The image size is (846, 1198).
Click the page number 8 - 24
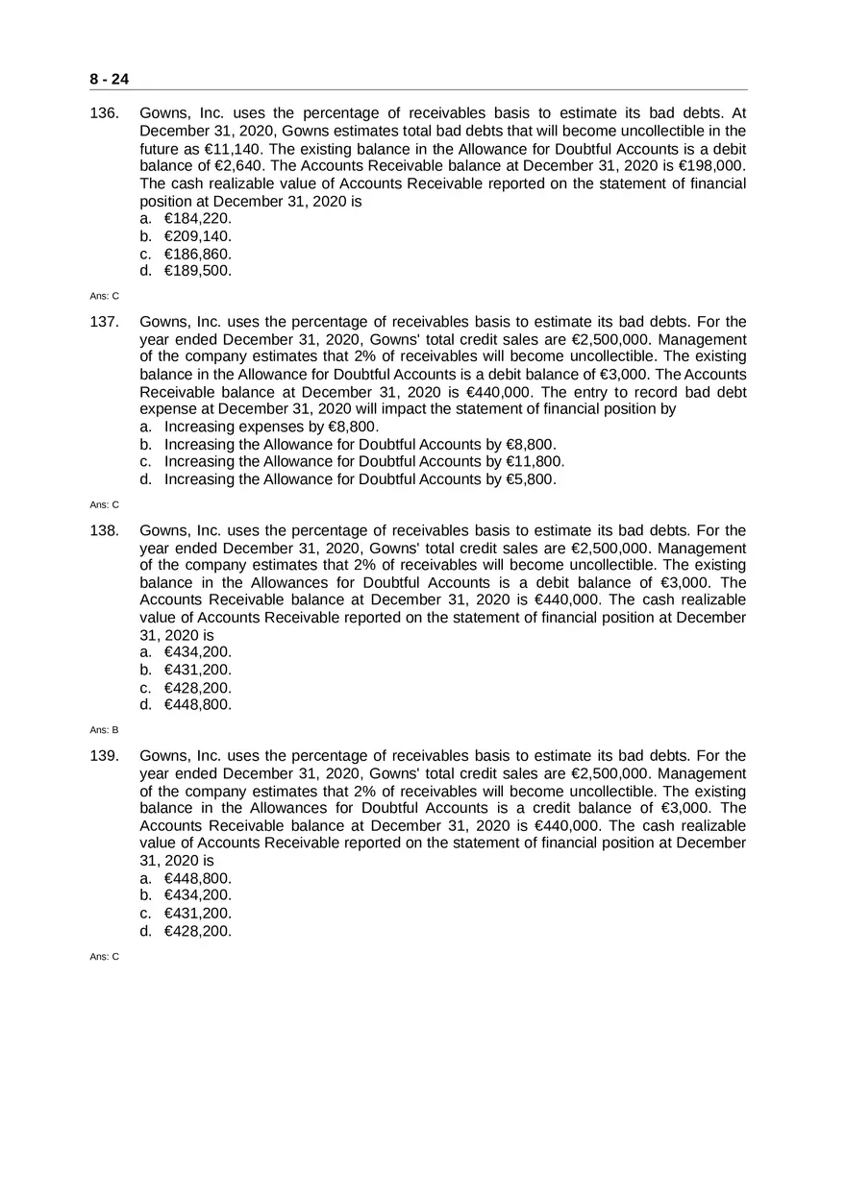[110, 79]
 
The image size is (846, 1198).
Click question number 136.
[104, 113]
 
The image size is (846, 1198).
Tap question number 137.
[104, 322]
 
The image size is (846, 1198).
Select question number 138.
[104, 530]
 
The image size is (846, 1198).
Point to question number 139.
[104, 756]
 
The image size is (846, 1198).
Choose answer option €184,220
[198, 218]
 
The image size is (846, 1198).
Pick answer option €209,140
[198, 235]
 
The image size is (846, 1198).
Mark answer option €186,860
[198, 254]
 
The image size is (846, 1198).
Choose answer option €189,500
[198, 271]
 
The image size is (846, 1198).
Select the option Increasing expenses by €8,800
[271, 427]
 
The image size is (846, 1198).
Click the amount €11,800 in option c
[535, 461]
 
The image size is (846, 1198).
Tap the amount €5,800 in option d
[530, 478]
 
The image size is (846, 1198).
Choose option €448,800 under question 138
[198, 704]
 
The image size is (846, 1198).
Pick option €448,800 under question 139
[198, 878]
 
